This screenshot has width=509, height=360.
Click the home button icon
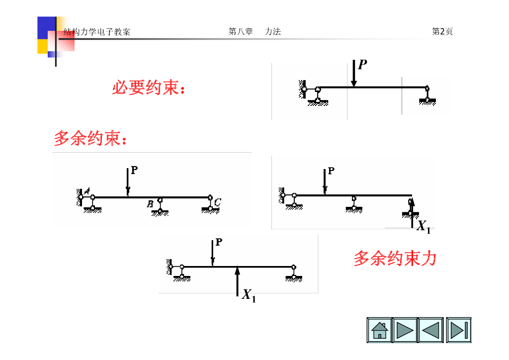click(x=379, y=330)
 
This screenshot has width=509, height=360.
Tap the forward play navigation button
click(x=405, y=330)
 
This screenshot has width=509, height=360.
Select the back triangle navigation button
click(x=429, y=330)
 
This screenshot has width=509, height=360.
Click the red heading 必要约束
click(x=149, y=89)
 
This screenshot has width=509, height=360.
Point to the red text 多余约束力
click(x=395, y=259)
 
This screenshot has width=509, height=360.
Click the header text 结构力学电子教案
click(x=97, y=32)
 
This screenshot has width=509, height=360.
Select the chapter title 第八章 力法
click(x=254, y=32)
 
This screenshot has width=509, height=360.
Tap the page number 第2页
click(x=442, y=32)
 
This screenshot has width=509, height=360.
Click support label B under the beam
click(x=150, y=203)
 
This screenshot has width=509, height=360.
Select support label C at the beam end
click(x=218, y=202)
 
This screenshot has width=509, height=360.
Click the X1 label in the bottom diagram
click(x=249, y=295)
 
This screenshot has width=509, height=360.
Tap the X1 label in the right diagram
click(x=423, y=227)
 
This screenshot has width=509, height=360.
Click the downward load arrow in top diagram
click(x=353, y=74)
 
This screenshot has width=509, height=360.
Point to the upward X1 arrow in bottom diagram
click(x=238, y=281)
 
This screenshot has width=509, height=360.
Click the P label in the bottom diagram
click(x=219, y=242)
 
